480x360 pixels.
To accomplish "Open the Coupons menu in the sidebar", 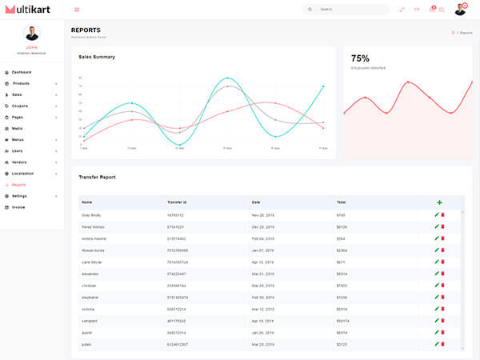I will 20,106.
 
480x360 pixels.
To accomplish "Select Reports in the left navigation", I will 18,184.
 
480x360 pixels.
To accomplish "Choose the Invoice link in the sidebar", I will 18,206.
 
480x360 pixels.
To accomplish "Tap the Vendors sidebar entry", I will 19,162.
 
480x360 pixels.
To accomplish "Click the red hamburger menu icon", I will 77,10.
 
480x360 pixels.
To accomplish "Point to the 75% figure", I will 360,58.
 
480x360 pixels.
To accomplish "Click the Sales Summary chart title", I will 97,57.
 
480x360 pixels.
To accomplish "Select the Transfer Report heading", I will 97,177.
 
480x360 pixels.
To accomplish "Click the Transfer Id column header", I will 177,202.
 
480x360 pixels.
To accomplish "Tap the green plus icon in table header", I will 439,202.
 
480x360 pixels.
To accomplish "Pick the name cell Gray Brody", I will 91,214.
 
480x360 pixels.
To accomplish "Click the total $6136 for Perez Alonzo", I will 342,226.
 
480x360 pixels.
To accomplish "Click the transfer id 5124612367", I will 178,344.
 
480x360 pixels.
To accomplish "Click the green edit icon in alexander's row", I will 437,273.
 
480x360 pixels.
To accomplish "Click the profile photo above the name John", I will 32,34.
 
